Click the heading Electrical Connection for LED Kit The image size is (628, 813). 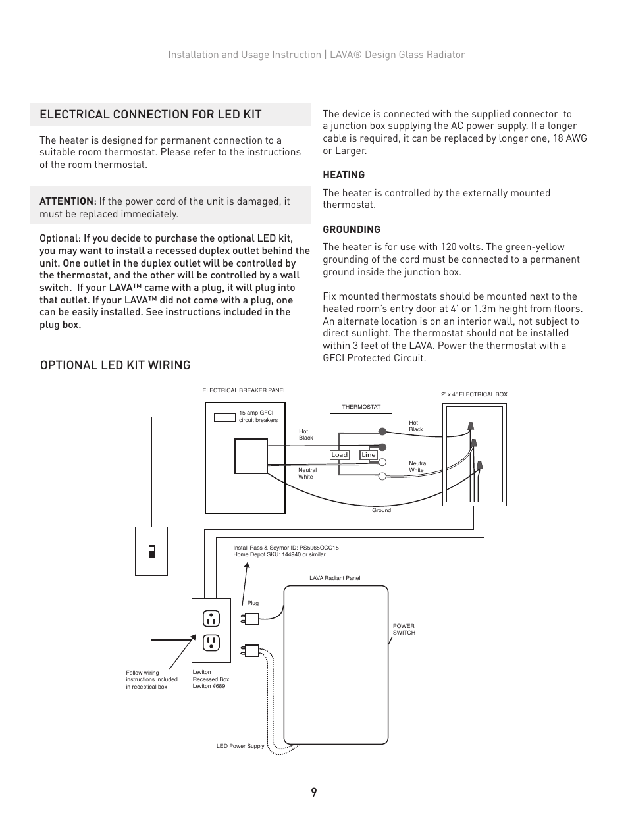point(150,115)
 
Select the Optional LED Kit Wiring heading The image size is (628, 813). point(115,365)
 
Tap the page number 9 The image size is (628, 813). point(314,793)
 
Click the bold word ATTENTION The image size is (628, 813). point(67,201)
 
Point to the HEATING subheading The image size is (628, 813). point(343,175)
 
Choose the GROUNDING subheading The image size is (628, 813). point(351,230)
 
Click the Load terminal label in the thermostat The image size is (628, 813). point(339,455)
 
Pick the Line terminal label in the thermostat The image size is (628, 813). point(368,455)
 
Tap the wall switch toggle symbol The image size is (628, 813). point(151,550)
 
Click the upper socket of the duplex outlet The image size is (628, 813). point(211,618)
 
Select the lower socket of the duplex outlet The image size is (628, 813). point(211,642)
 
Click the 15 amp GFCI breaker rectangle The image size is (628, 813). point(226,417)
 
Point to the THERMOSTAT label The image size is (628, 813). point(361,407)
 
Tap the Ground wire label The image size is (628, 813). point(381,510)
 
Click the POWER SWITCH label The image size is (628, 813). point(404,629)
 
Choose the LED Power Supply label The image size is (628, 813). point(240,746)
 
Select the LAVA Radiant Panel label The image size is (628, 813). point(334,578)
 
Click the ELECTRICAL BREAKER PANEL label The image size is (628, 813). point(244,390)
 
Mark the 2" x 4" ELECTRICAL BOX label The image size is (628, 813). point(474,394)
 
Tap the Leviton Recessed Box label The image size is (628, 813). point(211,679)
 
